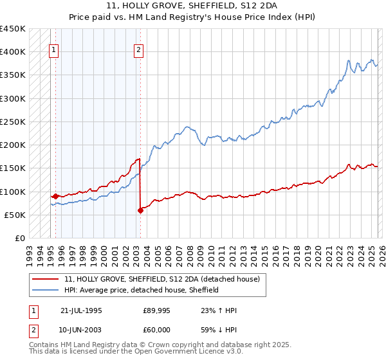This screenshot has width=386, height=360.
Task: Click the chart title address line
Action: point(193,5)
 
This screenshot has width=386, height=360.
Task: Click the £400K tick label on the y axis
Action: point(13,52)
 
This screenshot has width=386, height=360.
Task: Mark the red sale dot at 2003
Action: point(140,210)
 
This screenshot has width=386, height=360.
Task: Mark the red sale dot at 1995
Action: point(56,196)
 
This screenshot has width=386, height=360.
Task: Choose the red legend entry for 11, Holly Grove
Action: point(161,280)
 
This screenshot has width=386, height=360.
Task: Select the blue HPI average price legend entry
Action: point(141,291)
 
